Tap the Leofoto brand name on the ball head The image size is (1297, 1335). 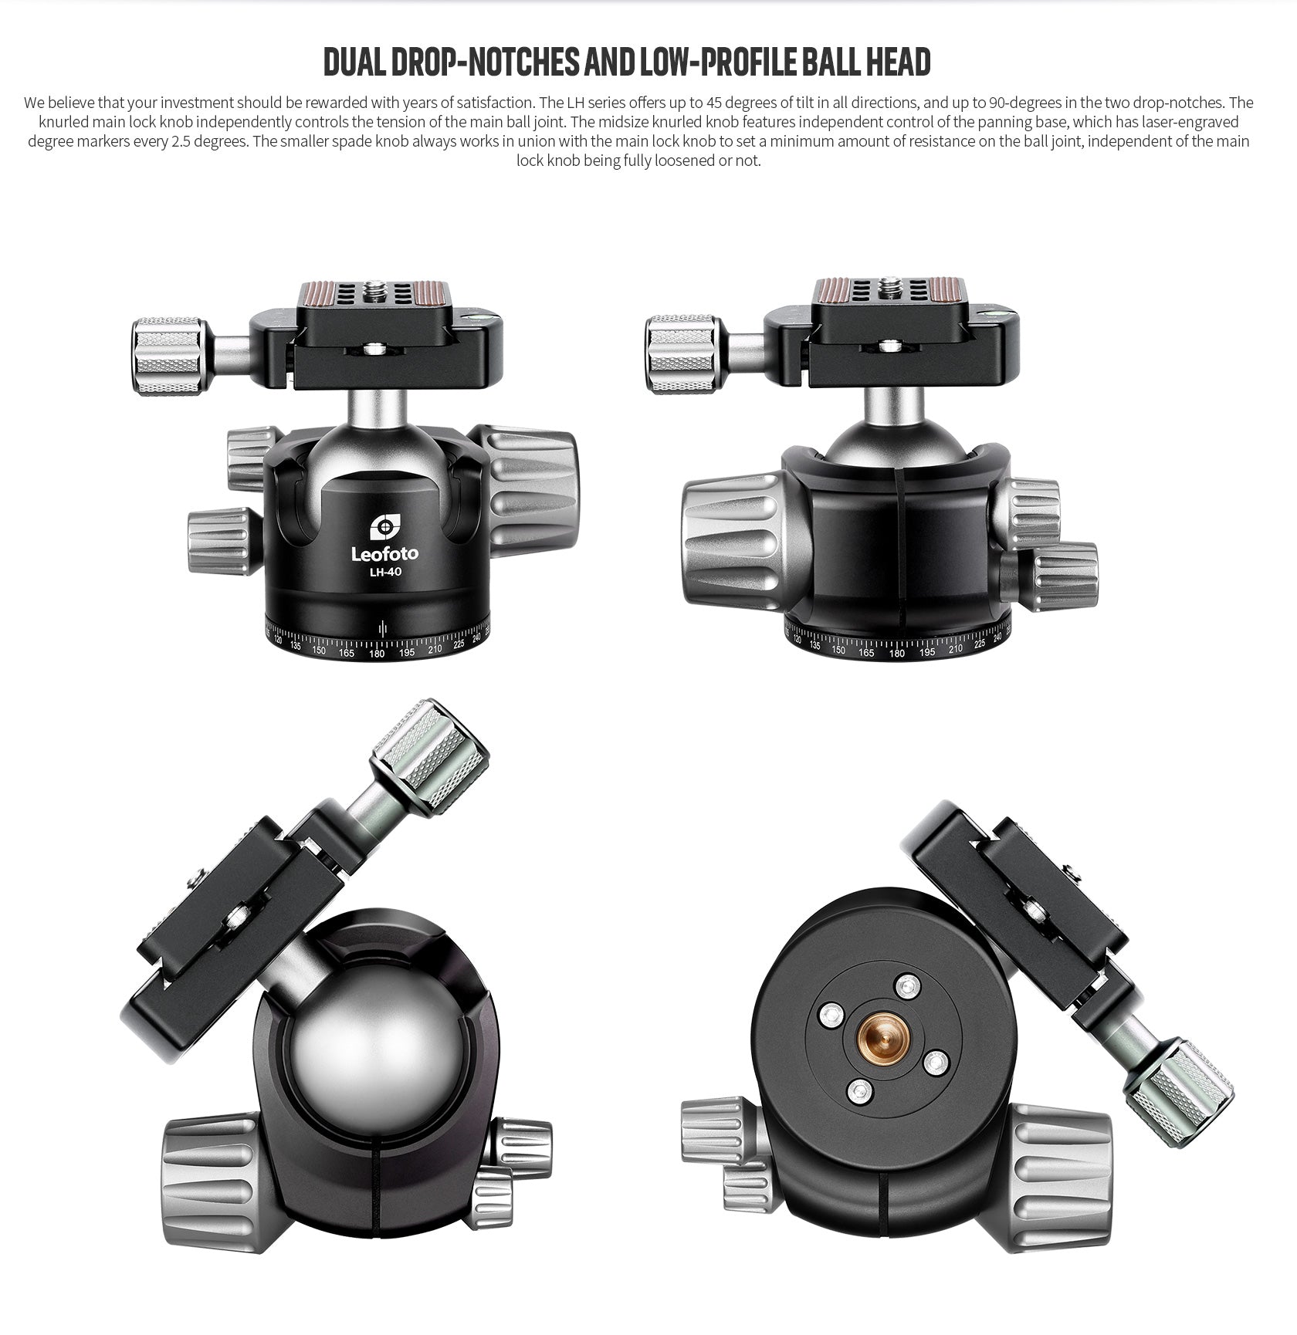[384, 553]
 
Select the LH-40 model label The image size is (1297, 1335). [384, 572]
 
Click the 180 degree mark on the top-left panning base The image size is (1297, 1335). [377, 654]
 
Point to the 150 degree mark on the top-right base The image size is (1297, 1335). [839, 651]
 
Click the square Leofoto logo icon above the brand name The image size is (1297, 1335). [384, 528]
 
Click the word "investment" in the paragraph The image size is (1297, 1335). [196, 103]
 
